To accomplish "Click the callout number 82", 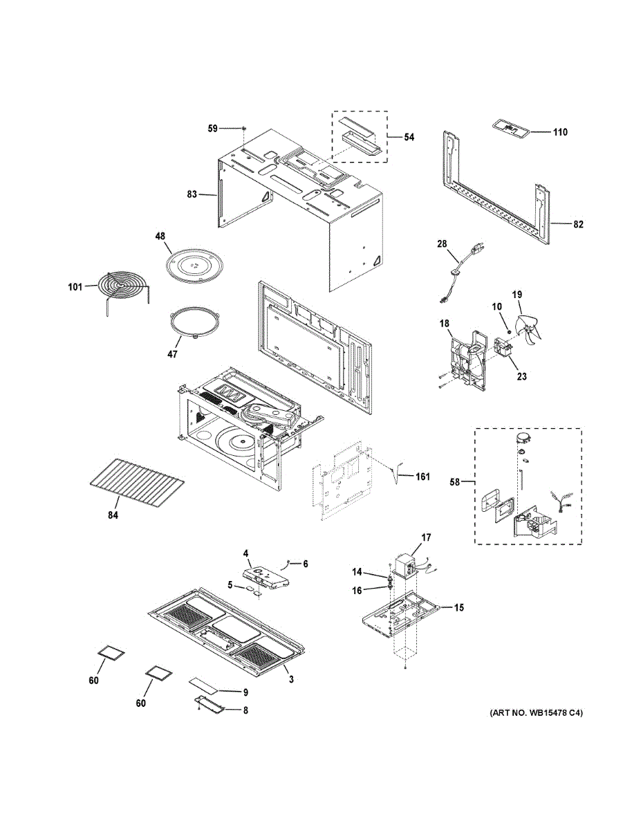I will (578, 224).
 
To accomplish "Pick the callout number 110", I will (559, 131).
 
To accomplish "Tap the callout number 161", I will (422, 477).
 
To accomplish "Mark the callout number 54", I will (409, 138).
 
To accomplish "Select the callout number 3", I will (291, 680).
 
